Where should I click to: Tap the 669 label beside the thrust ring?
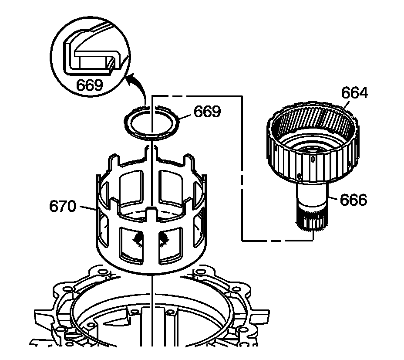tap(207, 112)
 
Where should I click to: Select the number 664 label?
tap(354, 93)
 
